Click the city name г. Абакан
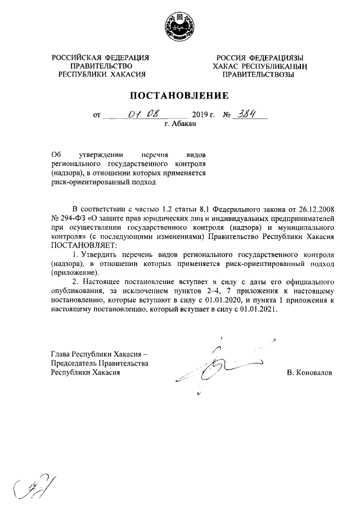pyautogui.click(x=180, y=124)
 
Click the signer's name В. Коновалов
pyautogui.click(x=309, y=372)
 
